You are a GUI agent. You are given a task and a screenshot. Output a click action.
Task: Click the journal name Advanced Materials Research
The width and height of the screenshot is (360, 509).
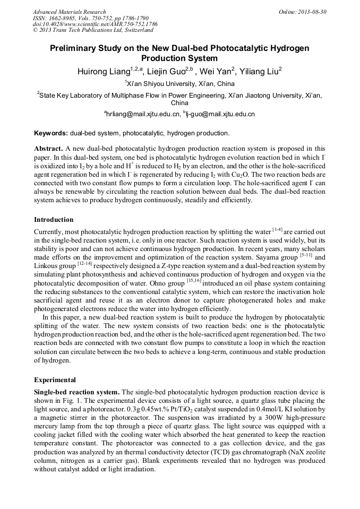[x=69, y=12]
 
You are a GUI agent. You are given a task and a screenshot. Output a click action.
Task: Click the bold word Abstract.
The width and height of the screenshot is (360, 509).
[x=49, y=148]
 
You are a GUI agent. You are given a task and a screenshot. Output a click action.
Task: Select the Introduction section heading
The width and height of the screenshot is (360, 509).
[x=54, y=220]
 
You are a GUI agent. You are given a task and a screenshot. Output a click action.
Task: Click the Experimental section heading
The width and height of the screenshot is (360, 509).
[x=55, y=380]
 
